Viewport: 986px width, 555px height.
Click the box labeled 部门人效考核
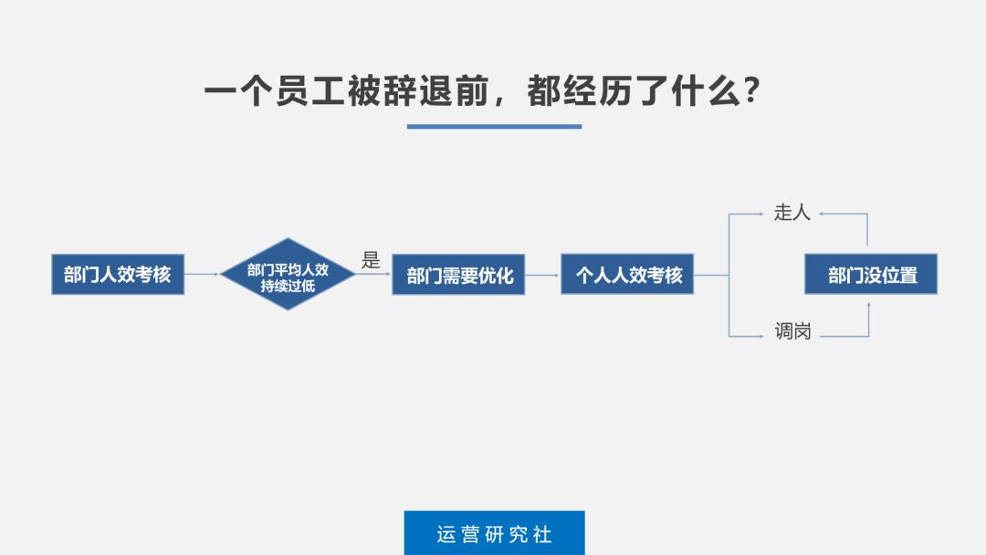click(x=117, y=275)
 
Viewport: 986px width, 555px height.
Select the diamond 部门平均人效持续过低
click(x=288, y=274)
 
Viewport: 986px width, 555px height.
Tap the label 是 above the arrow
click(x=371, y=260)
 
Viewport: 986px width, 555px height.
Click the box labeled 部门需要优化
click(x=458, y=275)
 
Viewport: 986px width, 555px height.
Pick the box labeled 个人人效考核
click(x=627, y=274)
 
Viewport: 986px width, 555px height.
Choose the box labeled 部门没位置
click(x=870, y=274)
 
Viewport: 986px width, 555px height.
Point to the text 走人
click(x=792, y=213)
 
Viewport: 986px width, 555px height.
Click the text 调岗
click(x=792, y=331)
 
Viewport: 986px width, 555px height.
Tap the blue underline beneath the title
click(x=494, y=126)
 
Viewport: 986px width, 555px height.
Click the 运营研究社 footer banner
click(x=494, y=533)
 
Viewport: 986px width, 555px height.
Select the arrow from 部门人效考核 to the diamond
click(x=202, y=274)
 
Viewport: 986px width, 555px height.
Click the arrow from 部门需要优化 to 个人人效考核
click(x=542, y=274)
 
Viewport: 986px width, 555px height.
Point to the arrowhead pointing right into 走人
click(x=760, y=214)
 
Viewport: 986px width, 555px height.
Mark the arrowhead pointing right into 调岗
click(x=760, y=336)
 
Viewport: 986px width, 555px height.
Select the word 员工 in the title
click(x=310, y=91)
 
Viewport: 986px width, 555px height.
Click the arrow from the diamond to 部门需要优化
click(x=373, y=274)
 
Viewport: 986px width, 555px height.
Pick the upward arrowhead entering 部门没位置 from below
click(x=868, y=307)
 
